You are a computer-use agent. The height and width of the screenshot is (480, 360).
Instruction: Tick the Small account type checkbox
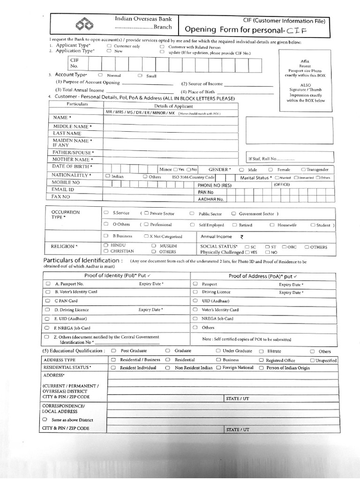140,75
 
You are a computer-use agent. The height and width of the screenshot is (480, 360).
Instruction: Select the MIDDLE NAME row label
72,127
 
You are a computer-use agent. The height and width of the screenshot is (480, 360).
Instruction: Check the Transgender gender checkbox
304,169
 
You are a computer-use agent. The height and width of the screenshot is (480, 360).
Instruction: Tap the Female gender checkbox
271,169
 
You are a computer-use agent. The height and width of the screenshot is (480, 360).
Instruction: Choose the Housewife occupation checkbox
272,225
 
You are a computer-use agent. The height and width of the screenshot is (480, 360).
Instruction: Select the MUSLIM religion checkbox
154,246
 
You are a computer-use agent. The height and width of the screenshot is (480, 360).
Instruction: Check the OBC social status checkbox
284,247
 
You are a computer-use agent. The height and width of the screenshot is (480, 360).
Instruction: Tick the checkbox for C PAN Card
48,300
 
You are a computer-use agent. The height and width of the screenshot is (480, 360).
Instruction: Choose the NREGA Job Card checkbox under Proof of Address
195,319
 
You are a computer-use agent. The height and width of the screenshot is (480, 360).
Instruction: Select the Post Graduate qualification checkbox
113,351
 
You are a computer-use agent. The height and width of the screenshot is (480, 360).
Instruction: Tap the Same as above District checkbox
45,419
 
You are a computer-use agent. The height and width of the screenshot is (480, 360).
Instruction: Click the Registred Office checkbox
262,360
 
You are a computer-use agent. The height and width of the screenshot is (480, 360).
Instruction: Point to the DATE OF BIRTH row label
72,166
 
